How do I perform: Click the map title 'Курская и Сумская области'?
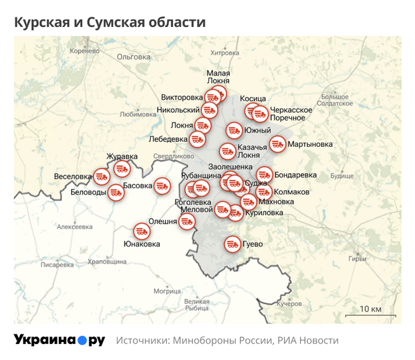pyautogui.click(x=110, y=22)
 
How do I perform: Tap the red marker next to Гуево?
pyautogui.click(x=232, y=244)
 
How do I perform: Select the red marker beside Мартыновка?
pyautogui.click(x=277, y=145)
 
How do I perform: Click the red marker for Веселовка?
pyautogui.click(x=102, y=177)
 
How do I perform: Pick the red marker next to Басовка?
pyautogui.click(x=162, y=186)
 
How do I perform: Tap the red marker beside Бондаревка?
pyautogui.click(x=264, y=175)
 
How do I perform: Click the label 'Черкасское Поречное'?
pyautogui.click(x=291, y=114)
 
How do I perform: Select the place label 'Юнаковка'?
pyautogui.click(x=141, y=244)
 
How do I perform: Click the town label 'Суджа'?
pyautogui.click(x=257, y=184)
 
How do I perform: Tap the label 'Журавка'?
pyautogui.click(x=122, y=156)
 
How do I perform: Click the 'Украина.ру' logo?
pyautogui.click(x=59, y=341)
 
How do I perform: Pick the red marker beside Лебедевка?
pyautogui.click(x=198, y=139)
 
